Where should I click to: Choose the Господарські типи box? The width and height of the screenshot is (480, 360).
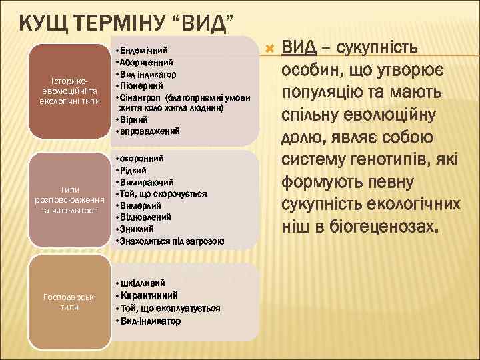tap(69, 302)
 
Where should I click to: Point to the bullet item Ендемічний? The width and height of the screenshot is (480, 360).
tap(144, 50)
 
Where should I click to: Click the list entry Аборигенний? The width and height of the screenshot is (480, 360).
tap(147, 61)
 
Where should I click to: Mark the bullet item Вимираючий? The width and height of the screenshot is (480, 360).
tap(147, 182)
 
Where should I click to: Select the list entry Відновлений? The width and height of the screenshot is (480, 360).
tap(146, 217)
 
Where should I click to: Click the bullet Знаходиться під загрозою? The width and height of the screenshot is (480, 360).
tap(171, 240)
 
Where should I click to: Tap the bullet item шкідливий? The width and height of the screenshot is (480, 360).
tap(142, 283)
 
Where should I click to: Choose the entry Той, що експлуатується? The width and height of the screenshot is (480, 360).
tap(169, 309)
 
